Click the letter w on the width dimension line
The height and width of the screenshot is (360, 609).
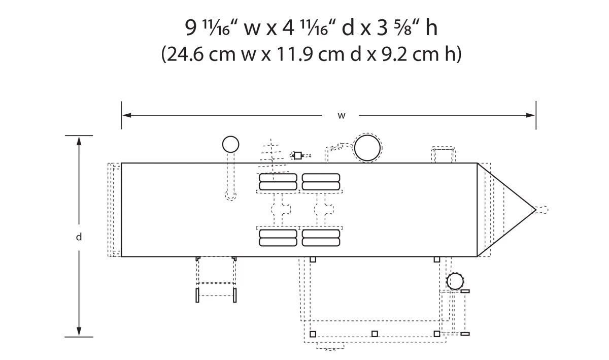(342, 116)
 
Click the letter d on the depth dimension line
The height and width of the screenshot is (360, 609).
(79, 237)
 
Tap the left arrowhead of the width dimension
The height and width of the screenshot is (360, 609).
(127, 115)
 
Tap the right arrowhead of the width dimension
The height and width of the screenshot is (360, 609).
(530, 115)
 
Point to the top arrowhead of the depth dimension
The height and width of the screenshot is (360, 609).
(79, 141)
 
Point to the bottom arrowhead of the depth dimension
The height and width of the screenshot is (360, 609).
(79, 331)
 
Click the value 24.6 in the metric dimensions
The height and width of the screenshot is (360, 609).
(185, 54)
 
